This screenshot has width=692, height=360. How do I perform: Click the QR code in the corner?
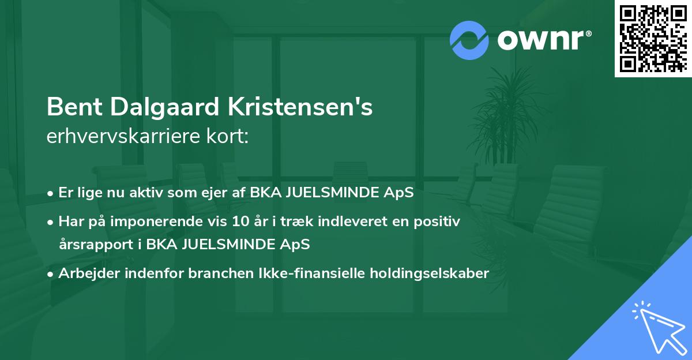pyautogui.click(x=653, y=39)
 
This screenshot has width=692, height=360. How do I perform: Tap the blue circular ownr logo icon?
pyautogui.click(x=469, y=40)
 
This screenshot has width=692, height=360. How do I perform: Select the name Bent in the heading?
pyautogui.click(x=72, y=108)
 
